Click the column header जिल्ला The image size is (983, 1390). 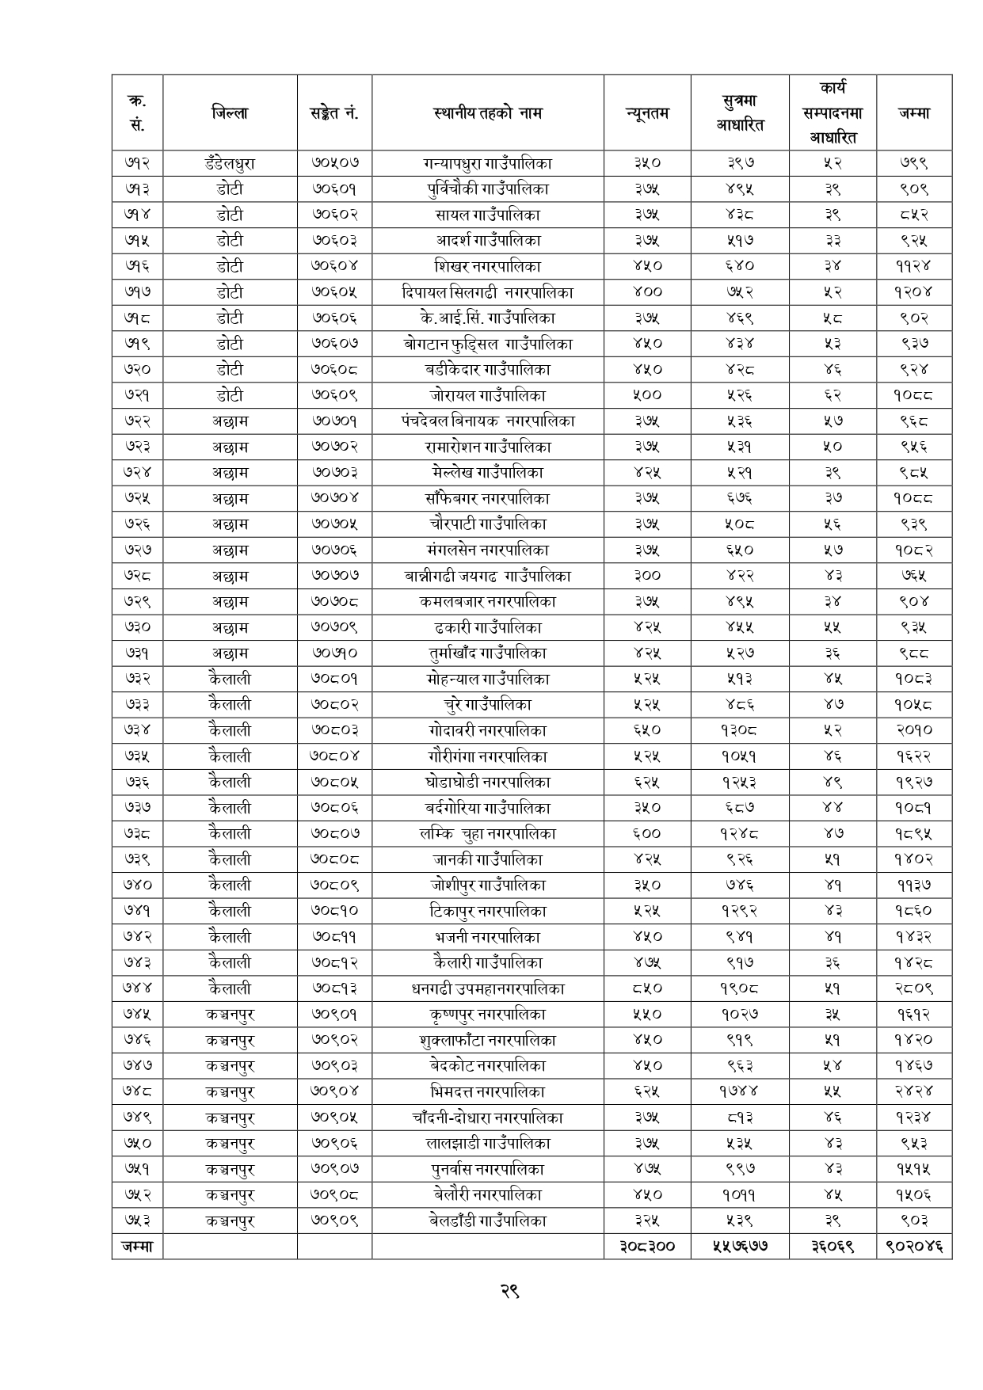click(230, 112)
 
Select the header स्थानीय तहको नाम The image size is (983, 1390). click(487, 112)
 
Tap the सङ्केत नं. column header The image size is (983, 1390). click(334, 112)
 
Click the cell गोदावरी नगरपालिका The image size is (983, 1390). click(487, 730)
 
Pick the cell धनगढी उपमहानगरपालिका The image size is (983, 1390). click(487, 988)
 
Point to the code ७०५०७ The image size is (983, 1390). click(334, 163)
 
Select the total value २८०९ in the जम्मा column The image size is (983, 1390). click(913, 988)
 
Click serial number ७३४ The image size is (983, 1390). click(137, 730)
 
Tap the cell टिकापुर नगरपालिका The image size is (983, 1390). click(487, 911)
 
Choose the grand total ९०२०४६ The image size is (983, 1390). click(913, 1247)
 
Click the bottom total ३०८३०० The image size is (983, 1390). click(647, 1247)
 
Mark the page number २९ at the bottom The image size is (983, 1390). click(509, 1291)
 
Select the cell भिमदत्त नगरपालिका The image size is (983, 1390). click(487, 1091)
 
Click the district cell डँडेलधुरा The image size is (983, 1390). click(230, 163)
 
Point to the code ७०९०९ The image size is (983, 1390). click(334, 1221)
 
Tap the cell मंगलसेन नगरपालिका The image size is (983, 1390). click(487, 550)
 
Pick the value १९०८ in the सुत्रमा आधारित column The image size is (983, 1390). click(739, 988)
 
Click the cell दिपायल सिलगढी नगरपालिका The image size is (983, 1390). click(487, 292)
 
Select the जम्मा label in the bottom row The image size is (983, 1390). click(137, 1247)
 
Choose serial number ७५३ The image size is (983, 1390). click(137, 1221)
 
